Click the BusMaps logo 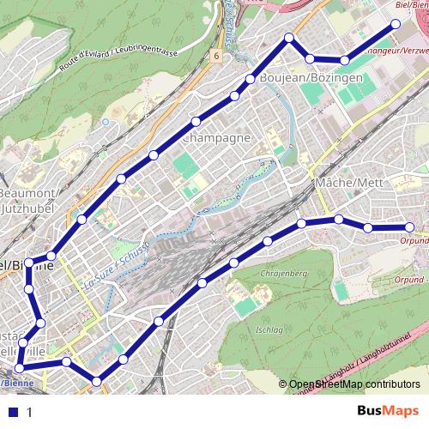pyautogui.click(x=389, y=411)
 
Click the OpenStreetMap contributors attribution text pyautogui.click(x=354, y=384)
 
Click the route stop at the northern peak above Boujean pyautogui.click(x=290, y=37)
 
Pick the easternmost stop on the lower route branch pyautogui.click(x=409, y=227)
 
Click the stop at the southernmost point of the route pyautogui.click(x=96, y=380)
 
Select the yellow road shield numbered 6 pyautogui.click(x=217, y=57)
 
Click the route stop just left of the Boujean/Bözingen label pyautogui.click(x=250, y=79)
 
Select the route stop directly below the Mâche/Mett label pyautogui.click(x=339, y=220)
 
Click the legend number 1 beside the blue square pyautogui.click(x=29, y=412)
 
